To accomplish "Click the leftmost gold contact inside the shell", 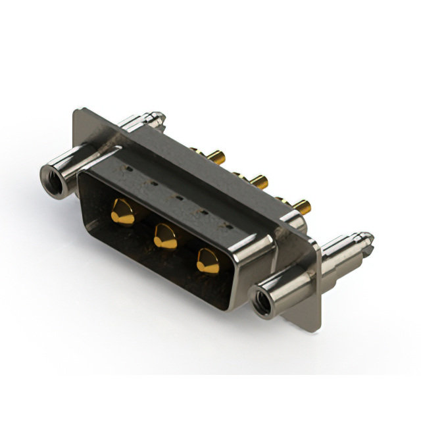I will pyautogui.click(x=122, y=212).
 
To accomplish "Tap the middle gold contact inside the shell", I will pyautogui.click(x=164, y=235).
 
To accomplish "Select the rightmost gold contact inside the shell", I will pyautogui.click(x=208, y=261).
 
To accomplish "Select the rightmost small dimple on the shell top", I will pyautogui.click(x=228, y=226).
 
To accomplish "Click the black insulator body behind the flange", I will pyautogui.click(x=197, y=168).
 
